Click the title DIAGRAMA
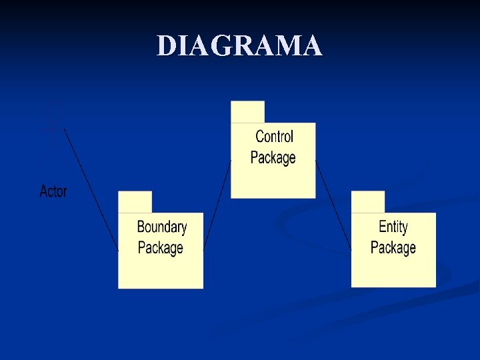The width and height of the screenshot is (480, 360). (x=240, y=46)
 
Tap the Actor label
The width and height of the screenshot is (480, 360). (x=53, y=191)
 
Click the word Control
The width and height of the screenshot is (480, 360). (x=274, y=137)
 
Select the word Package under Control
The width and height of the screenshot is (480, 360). (x=273, y=158)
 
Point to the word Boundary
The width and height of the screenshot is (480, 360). (x=161, y=227)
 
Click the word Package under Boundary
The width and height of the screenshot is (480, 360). (x=160, y=248)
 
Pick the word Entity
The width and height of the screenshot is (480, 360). (x=393, y=227)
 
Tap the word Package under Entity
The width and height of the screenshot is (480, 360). (x=393, y=248)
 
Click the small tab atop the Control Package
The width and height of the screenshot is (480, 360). (x=247, y=111)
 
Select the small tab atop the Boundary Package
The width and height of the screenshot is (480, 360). (x=135, y=201)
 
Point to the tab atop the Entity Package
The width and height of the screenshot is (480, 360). (x=368, y=201)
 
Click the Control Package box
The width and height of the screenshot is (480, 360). (x=273, y=180)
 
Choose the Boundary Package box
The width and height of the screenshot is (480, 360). (x=161, y=270)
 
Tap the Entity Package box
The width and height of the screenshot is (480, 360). (x=393, y=270)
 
